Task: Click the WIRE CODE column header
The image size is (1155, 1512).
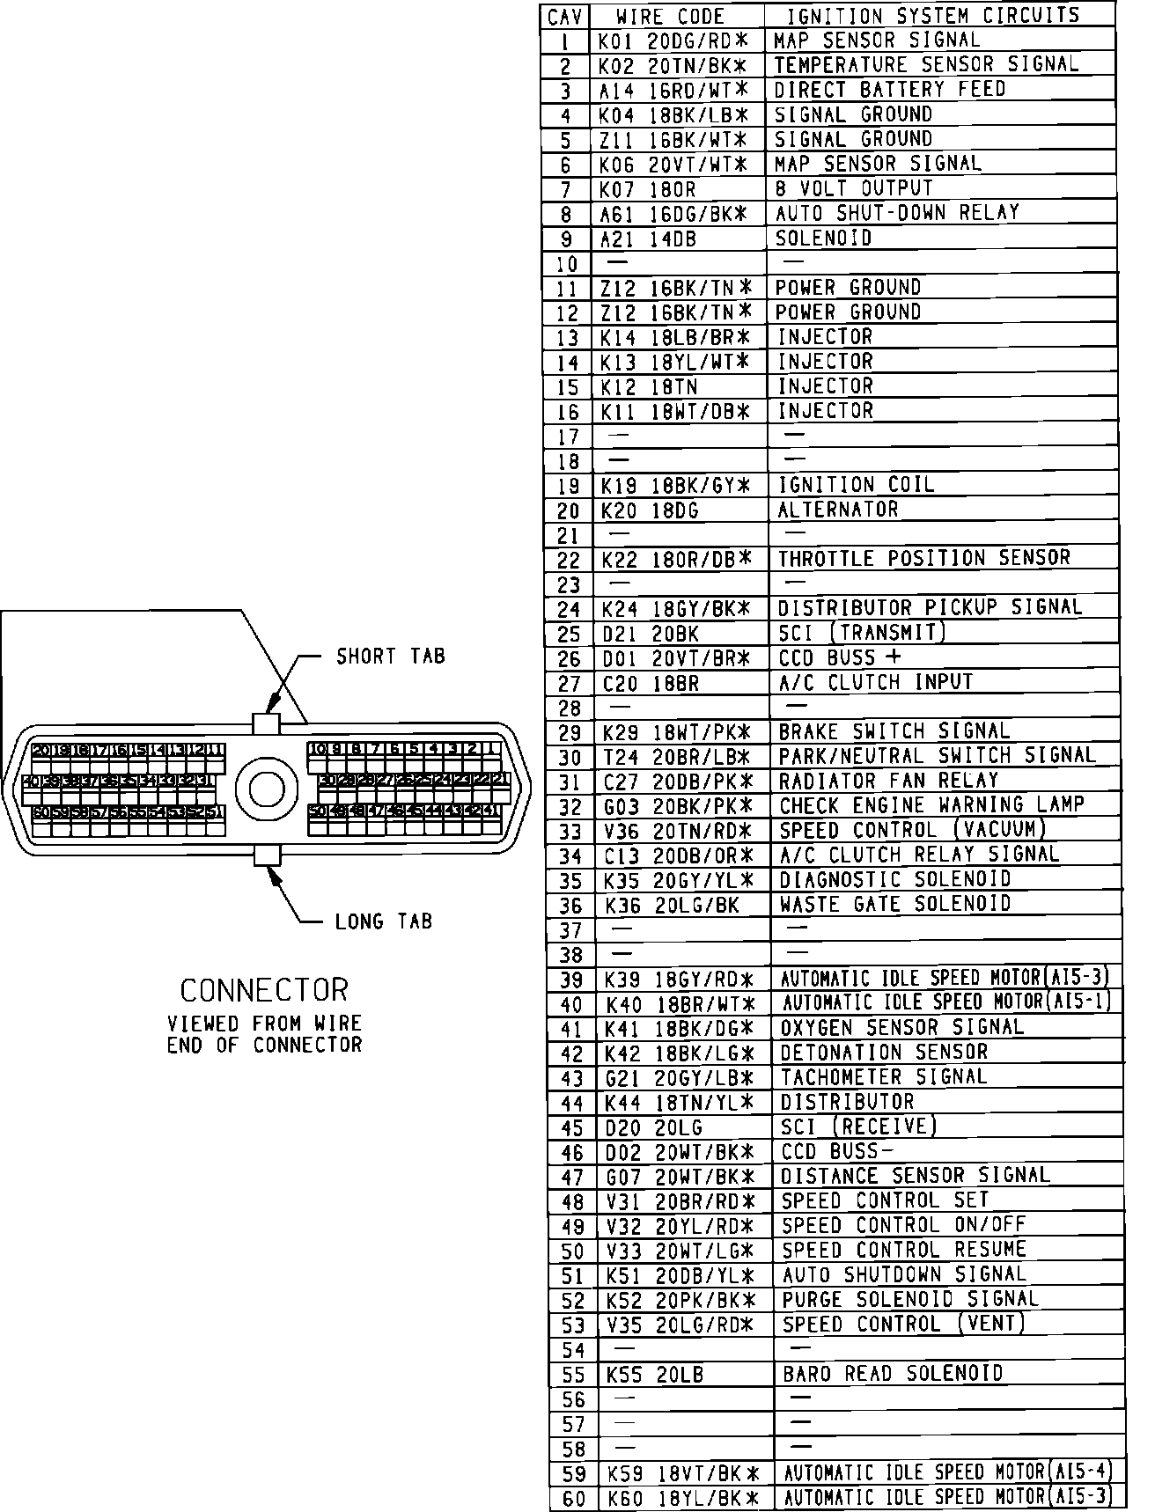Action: [670, 17]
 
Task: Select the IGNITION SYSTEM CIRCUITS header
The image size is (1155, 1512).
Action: [932, 16]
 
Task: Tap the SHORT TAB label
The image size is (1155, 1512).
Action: [391, 657]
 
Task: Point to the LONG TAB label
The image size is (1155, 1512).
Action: [384, 922]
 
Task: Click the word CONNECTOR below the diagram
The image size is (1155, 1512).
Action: [264, 990]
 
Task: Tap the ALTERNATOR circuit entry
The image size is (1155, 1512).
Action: [837, 510]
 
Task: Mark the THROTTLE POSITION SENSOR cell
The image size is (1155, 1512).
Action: [923, 558]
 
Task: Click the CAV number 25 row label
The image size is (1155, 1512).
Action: [570, 634]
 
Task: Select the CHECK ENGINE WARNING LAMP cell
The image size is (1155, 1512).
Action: [931, 805]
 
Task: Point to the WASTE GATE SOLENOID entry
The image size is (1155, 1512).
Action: [895, 904]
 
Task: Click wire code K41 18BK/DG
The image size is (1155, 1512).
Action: [679, 1028]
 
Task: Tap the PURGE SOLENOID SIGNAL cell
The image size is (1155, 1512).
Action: [910, 1299]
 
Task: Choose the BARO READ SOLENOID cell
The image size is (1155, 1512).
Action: [893, 1374]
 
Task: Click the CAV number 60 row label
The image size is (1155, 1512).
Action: [573, 1499]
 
